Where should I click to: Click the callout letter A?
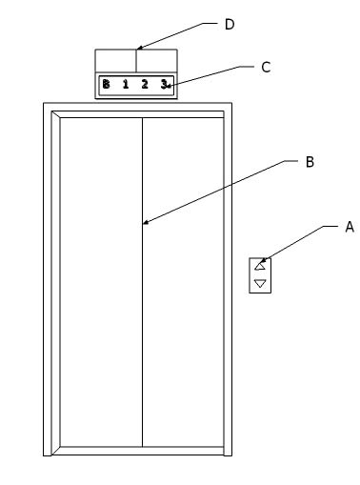349,227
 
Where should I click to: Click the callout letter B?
309,162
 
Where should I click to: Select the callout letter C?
266,67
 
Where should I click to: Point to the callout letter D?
229,24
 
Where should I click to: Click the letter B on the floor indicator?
106,85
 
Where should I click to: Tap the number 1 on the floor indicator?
125,85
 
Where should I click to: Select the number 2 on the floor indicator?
145,85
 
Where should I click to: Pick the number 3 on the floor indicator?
164,85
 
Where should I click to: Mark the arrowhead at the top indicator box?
139,46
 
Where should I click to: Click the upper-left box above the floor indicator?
115,59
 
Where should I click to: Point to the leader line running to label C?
214,76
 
